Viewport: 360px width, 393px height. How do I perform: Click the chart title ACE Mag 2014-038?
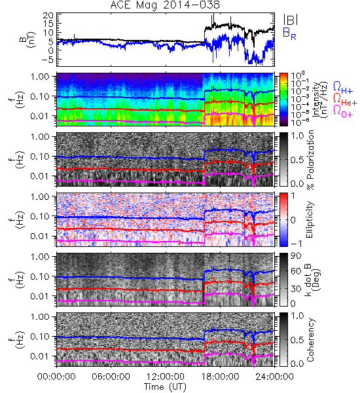point(165,5)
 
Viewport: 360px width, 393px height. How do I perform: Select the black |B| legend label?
point(291,20)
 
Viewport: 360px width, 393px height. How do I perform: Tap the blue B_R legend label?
point(289,33)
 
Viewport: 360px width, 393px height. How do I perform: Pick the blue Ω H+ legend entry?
point(343,88)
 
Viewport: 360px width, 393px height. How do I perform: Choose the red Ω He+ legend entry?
point(345,99)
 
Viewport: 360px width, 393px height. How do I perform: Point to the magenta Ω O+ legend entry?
point(343,111)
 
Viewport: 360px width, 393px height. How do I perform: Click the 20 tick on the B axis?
point(48,16)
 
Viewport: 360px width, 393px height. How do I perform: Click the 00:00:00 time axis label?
point(56,377)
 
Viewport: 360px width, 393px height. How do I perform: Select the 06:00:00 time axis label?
point(111,377)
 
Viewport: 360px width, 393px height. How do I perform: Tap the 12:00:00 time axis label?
point(166,377)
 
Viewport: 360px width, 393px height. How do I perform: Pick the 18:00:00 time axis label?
point(220,377)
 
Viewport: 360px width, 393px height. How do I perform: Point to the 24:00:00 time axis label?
point(274,377)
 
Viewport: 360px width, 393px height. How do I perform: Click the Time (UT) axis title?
point(166,386)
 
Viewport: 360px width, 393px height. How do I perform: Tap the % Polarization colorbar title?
point(310,160)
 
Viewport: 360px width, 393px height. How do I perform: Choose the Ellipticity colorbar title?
point(310,219)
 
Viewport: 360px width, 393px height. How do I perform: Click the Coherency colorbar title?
point(310,340)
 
